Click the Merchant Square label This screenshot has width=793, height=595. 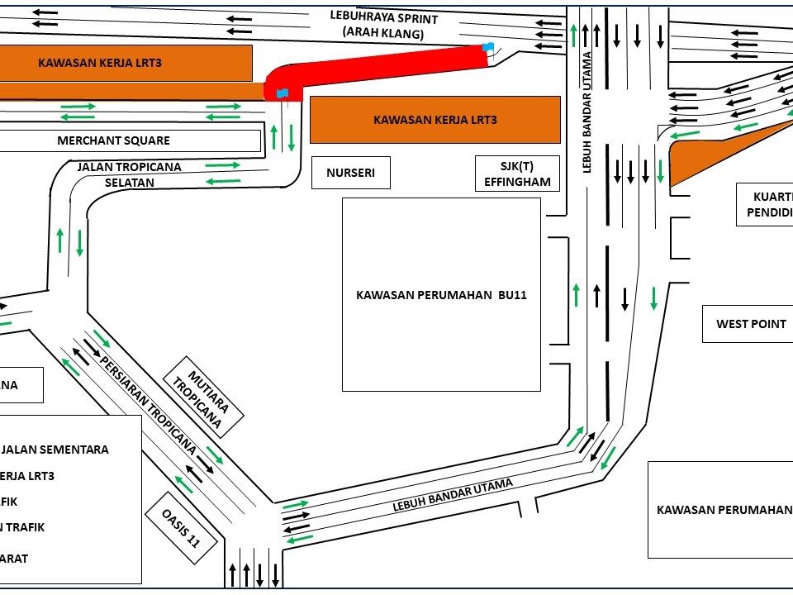(x=113, y=140)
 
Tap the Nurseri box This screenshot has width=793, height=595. (x=350, y=174)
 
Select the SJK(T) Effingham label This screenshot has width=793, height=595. (x=517, y=174)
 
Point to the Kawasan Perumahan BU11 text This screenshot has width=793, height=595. (x=441, y=295)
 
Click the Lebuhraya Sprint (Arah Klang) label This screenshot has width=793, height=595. (x=383, y=25)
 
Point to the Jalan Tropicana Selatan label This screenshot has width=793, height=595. (x=129, y=174)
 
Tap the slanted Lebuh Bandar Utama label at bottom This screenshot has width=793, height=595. (x=453, y=495)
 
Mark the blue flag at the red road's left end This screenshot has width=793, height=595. (x=283, y=93)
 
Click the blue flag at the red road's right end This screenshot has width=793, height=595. (x=488, y=47)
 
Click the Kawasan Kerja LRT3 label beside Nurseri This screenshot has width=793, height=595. (x=434, y=120)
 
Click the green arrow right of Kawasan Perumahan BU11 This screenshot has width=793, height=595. (x=577, y=294)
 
